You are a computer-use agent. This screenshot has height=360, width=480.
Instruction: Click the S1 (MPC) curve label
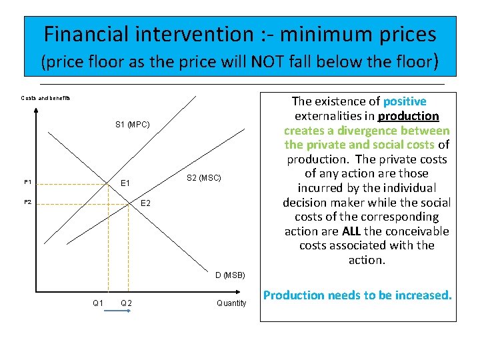pos(132,124)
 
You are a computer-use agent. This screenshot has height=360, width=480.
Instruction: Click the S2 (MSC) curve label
pos(203,177)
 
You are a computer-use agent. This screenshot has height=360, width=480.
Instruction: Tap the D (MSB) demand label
pos(229,275)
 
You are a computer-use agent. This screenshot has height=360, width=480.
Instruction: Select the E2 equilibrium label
pos(145,203)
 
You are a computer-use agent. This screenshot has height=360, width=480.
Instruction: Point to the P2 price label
pos(27,202)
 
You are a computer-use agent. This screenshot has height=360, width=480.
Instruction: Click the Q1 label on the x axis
pos(98,303)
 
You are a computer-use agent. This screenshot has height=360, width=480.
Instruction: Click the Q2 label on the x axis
pos(126,303)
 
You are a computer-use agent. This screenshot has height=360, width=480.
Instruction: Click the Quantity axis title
pos(231,303)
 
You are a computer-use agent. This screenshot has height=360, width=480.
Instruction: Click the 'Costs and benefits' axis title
pos(45,98)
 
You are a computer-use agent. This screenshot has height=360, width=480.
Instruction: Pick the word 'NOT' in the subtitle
pos(271,62)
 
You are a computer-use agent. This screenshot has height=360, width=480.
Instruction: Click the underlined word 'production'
pos(409,116)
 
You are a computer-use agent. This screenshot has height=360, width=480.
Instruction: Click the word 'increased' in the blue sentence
pos(420,295)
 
